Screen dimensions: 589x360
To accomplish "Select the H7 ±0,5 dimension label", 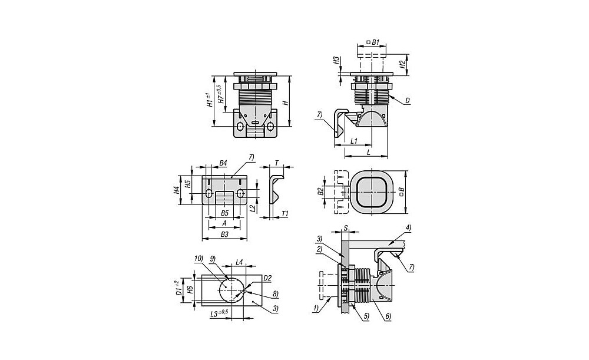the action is coord(220,94).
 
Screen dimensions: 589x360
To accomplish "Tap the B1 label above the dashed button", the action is coord(373,42).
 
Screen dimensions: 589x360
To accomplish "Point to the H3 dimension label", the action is coord(337,61).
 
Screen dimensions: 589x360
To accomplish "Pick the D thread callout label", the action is coord(408,101).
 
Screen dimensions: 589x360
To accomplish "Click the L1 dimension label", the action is coord(354,141).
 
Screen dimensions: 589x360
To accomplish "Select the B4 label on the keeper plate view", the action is coord(223,163).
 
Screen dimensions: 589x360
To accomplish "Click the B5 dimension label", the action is coord(224,213).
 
